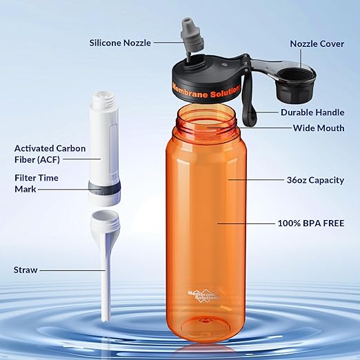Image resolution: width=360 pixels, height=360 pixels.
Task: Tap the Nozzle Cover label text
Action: (317, 43)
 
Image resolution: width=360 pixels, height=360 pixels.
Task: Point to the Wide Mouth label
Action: (318, 128)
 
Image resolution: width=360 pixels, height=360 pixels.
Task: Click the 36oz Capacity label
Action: (315, 180)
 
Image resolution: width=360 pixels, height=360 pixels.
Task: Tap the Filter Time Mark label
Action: (37, 183)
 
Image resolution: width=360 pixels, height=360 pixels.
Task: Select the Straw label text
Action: (26, 270)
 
